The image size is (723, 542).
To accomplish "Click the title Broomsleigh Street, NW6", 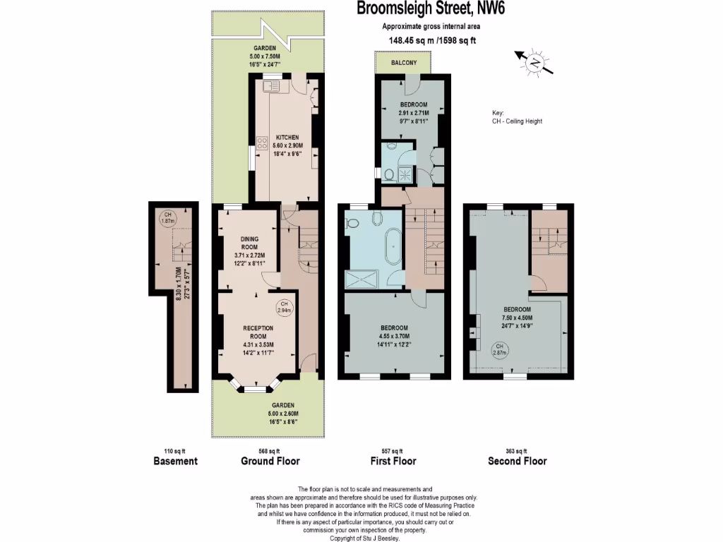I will coord(431,9).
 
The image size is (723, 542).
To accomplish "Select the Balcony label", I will coord(405,64).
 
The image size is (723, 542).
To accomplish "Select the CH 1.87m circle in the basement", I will coord(167,218).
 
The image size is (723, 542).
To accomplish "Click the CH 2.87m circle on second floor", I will coord(499,350).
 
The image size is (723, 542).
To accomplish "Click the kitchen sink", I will coord(272,87).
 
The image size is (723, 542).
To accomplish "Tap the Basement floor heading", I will coord(175,461).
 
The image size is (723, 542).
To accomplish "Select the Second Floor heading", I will coord(517,461).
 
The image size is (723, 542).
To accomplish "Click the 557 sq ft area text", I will coord(393,451).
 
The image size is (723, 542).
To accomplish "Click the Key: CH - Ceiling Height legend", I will coord(517,117).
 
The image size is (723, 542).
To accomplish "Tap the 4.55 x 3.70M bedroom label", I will coord(394,337).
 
